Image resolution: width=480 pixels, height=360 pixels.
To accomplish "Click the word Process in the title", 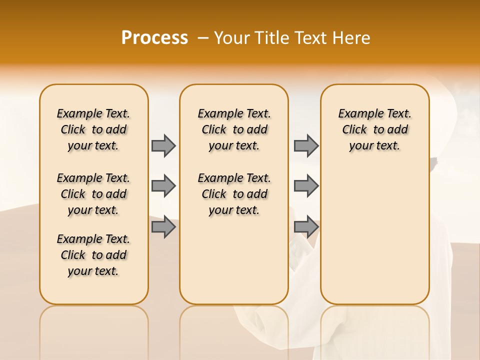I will click(x=154, y=38).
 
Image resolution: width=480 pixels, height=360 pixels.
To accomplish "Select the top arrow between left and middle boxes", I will click(x=163, y=145).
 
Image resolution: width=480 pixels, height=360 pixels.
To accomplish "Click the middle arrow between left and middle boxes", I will click(x=163, y=186).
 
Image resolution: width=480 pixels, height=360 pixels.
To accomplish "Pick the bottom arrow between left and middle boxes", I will click(x=163, y=227).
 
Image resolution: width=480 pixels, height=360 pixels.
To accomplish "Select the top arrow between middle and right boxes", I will click(x=306, y=145).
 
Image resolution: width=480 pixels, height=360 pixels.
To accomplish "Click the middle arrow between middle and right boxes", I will click(x=306, y=186).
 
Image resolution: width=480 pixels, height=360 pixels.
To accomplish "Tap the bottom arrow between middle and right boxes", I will click(x=306, y=227).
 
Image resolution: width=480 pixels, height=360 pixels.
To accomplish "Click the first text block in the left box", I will click(x=93, y=129).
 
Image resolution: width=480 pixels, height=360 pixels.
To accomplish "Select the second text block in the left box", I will click(x=93, y=194).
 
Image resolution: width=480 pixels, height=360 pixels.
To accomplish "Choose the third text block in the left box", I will click(x=93, y=255).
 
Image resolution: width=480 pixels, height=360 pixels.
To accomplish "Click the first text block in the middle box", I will click(x=234, y=129).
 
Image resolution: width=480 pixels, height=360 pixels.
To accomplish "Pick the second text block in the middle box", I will click(x=234, y=194).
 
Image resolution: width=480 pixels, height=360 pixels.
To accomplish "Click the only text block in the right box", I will click(x=374, y=129).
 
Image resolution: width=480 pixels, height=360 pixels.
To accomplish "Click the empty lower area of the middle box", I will click(x=234, y=260).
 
